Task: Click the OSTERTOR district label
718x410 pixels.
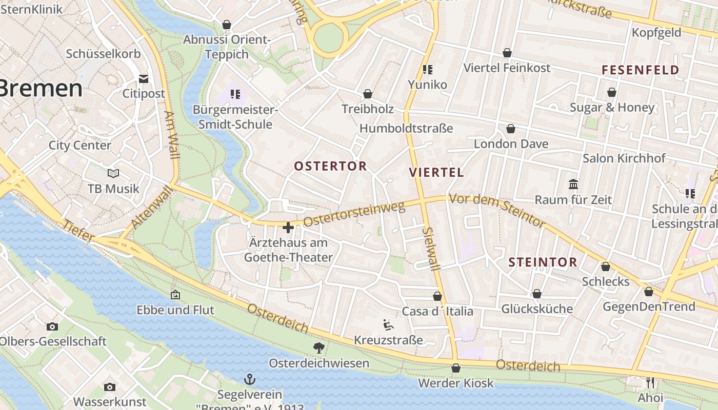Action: pyautogui.click(x=330, y=166)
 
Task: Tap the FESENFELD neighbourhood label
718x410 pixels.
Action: pyautogui.click(x=640, y=70)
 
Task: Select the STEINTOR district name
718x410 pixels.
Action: pyautogui.click(x=543, y=262)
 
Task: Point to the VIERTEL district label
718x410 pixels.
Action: pyautogui.click(x=436, y=172)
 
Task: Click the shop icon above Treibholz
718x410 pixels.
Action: pyautogui.click(x=368, y=94)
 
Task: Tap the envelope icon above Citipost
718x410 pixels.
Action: pyautogui.click(x=144, y=79)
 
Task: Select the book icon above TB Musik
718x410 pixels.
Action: pyautogui.click(x=113, y=174)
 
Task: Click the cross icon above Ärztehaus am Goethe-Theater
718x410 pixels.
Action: pyautogui.click(x=288, y=227)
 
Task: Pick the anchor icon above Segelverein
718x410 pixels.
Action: pyautogui.click(x=250, y=379)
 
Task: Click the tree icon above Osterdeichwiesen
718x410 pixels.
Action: pyautogui.click(x=319, y=348)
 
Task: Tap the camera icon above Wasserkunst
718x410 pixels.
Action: pyautogui.click(x=109, y=387)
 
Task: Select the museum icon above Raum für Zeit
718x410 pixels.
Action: pyautogui.click(x=573, y=184)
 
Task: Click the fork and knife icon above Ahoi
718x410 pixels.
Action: pyautogui.click(x=650, y=382)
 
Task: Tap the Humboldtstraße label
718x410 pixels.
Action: pyautogui.click(x=406, y=128)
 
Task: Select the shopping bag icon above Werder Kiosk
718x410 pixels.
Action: pyautogui.click(x=455, y=368)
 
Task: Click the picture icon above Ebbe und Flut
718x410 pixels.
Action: pyautogui.click(x=175, y=295)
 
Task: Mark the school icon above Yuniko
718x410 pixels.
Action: pyautogui.click(x=427, y=69)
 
